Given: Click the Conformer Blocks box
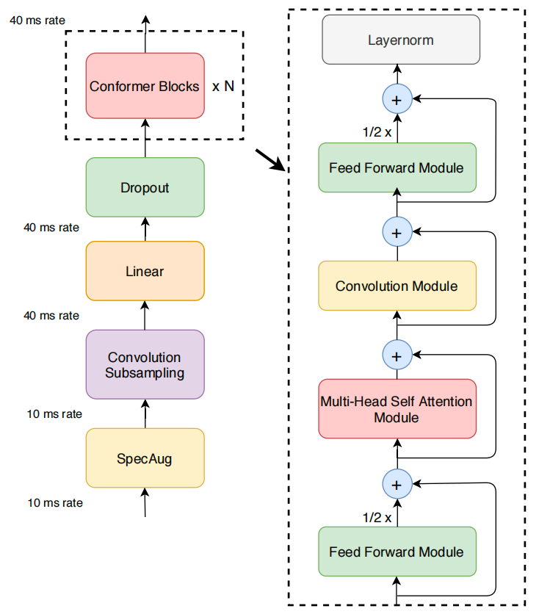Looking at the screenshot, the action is [145, 86].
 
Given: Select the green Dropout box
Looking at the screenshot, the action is [145, 187].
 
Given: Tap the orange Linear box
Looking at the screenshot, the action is [145, 271].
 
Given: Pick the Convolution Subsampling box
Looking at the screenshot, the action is [145, 364].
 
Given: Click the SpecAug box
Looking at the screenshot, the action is [145, 458].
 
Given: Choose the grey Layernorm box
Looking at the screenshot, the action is [401, 40].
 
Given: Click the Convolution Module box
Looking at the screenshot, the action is [397, 286].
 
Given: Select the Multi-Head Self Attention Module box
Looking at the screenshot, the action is [397, 409].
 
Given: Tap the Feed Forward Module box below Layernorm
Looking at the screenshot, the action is [397, 167].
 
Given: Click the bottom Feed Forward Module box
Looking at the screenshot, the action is [397, 552].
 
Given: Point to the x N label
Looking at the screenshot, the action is [223, 86].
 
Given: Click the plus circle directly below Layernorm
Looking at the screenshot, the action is [397, 98].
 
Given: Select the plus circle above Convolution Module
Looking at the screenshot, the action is [397, 232].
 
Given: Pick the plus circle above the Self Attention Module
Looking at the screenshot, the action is [397, 355].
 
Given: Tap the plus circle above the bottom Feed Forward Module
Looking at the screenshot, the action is [397, 484].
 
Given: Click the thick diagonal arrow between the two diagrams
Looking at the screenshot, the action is [270, 160].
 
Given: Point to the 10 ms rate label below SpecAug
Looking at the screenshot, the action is [55, 503].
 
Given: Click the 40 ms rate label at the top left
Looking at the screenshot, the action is [37, 21].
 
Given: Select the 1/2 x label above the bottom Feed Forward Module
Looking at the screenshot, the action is [377, 518].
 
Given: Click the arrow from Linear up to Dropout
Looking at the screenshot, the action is [145, 229].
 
